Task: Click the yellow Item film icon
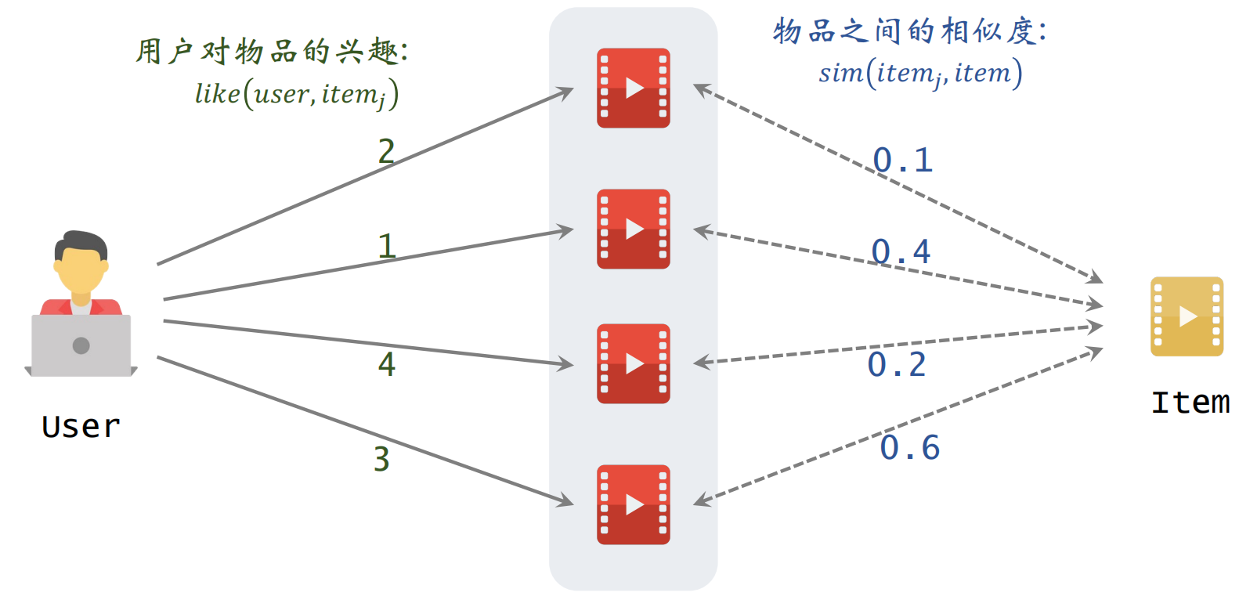(x=1186, y=316)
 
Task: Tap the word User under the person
(x=81, y=427)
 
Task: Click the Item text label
(x=1190, y=403)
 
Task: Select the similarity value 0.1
(x=902, y=161)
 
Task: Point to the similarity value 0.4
(x=901, y=252)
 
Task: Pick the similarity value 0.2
(x=897, y=365)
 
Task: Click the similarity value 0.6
(x=909, y=448)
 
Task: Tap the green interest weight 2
(x=386, y=151)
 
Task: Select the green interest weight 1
(x=386, y=247)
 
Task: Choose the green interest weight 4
(x=387, y=364)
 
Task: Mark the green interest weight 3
(x=381, y=460)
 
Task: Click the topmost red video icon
(x=633, y=88)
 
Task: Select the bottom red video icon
(x=633, y=504)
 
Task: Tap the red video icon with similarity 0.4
(x=633, y=229)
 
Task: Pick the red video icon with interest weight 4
(x=633, y=363)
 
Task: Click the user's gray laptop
(x=81, y=345)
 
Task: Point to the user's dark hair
(x=81, y=241)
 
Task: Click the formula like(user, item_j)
(x=297, y=95)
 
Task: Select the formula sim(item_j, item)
(x=920, y=74)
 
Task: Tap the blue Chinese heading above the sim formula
(x=908, y=31)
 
